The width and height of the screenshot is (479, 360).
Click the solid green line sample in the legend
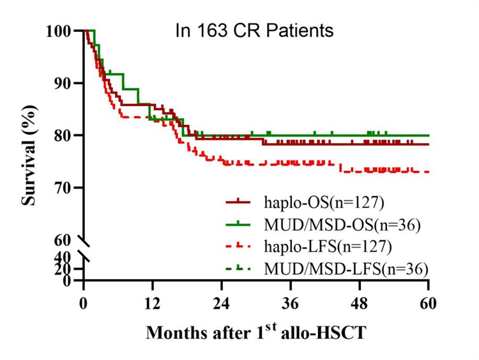click(x=240, y=224)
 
